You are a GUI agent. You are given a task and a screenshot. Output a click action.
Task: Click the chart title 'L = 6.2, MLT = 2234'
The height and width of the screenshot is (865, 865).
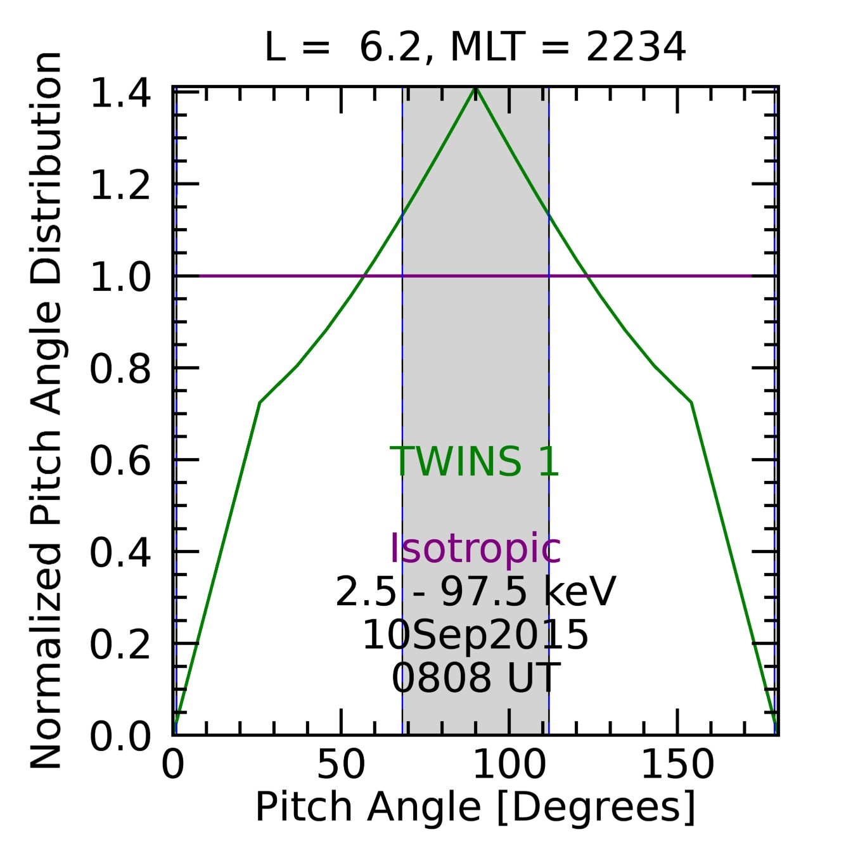[475, 47]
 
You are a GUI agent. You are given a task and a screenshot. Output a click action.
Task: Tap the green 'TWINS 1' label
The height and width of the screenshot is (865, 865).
[475, 461]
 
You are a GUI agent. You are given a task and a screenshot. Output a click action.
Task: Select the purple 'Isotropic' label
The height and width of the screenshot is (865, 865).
[475, 548]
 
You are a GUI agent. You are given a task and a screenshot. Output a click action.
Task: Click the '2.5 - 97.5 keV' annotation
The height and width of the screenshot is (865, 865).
[475, 593]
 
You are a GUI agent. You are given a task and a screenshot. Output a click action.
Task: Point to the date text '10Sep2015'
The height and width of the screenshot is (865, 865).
[475, 635]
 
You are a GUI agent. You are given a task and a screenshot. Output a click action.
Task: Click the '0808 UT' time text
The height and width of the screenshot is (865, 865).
[475, 677]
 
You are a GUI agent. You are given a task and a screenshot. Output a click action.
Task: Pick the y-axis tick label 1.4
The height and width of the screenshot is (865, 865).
[120, 94]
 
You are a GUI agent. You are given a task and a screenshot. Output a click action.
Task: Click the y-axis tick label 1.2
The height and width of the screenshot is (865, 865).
[120, 186]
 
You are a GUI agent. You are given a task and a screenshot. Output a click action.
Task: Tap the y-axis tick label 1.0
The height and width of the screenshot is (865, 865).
[120, 278]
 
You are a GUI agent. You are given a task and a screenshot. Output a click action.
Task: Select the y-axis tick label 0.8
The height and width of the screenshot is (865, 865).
[120, 369]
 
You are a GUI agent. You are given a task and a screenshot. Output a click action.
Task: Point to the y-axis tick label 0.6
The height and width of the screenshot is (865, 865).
[120, 461]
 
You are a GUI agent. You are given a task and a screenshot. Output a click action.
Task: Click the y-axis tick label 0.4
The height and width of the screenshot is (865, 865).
[120, 553]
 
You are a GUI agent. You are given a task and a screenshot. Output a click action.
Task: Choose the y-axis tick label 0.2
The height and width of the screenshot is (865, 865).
[120, 644]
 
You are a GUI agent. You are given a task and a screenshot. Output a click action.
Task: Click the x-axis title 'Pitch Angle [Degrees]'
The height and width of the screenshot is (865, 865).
[475, 807]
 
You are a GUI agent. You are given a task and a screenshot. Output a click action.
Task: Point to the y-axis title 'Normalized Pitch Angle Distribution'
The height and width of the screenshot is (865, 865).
[46, 411]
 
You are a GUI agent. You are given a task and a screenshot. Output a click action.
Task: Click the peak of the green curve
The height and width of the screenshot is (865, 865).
[475, 89]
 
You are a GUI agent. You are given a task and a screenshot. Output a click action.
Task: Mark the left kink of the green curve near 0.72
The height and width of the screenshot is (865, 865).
[260, 402]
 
